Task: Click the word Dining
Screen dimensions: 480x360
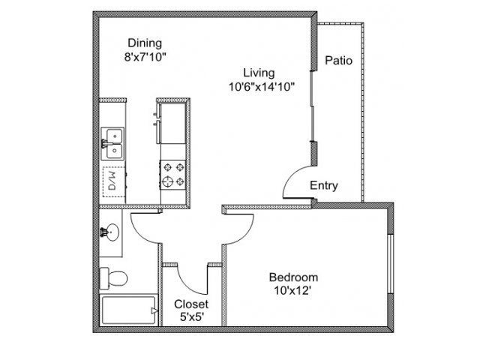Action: (x=145, y=43)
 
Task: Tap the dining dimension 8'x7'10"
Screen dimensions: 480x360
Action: (x=145, y=57)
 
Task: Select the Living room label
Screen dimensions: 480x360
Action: (x=259, y=73)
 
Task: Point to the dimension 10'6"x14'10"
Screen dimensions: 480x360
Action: (x=262, y=87)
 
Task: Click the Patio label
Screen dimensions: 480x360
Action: (x=338, y=60)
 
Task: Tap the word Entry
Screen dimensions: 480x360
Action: (x=324, y=185)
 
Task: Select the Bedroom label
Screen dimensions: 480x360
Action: (x=293, y=277)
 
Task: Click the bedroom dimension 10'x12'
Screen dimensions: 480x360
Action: (x=292, y=290)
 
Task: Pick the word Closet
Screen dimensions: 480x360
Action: (x=191, y=304)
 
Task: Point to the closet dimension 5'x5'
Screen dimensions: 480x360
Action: (x=192, y=317)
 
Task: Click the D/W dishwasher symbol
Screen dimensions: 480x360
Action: (x=114, y=181)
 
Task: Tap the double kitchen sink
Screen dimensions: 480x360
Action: (x=112, y=143)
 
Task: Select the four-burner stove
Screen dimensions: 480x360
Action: (x=173, y=175)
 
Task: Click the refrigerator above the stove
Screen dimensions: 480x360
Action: (x=172, y=123)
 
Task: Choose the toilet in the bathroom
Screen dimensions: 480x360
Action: (x=113, y=278)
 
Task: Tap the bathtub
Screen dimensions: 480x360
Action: (x=129, y=310)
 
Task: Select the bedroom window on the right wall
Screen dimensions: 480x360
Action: (x=390, y=264)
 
